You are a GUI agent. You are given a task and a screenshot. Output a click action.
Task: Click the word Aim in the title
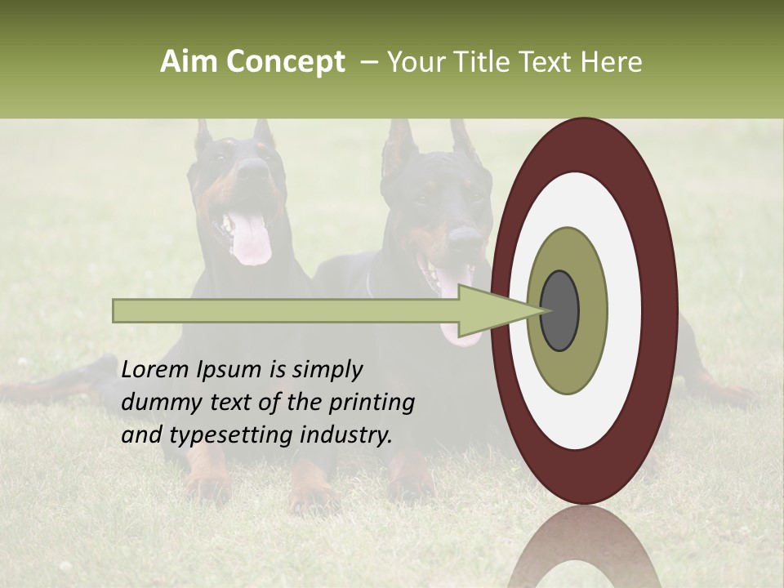[x=189, y=62]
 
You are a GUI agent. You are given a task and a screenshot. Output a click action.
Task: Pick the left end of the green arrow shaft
[x=118, y=310]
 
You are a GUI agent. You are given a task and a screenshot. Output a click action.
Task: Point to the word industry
[x=346, y=434]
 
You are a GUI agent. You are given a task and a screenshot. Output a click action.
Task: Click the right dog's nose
[x=465, y=238]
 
